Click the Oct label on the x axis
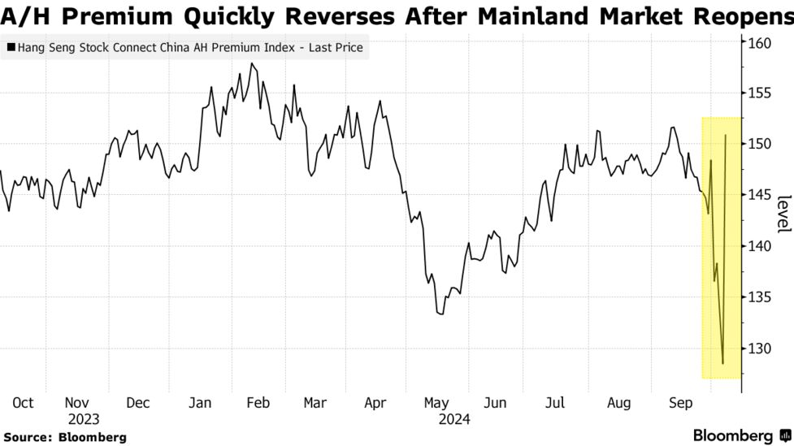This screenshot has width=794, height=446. pos(22,403)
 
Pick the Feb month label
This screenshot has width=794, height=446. pos(257,403)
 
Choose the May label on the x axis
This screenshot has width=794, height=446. pos(436,403)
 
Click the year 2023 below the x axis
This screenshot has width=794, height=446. pos(83,419)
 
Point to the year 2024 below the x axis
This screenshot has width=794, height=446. pos(453,419)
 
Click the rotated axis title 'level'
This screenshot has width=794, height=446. pos(783,214)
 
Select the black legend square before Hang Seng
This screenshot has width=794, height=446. pos(10,49)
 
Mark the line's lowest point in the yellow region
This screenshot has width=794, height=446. pos(722,363)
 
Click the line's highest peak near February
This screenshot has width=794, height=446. pos(252,63)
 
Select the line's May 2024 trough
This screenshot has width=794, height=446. pos(441,314)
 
